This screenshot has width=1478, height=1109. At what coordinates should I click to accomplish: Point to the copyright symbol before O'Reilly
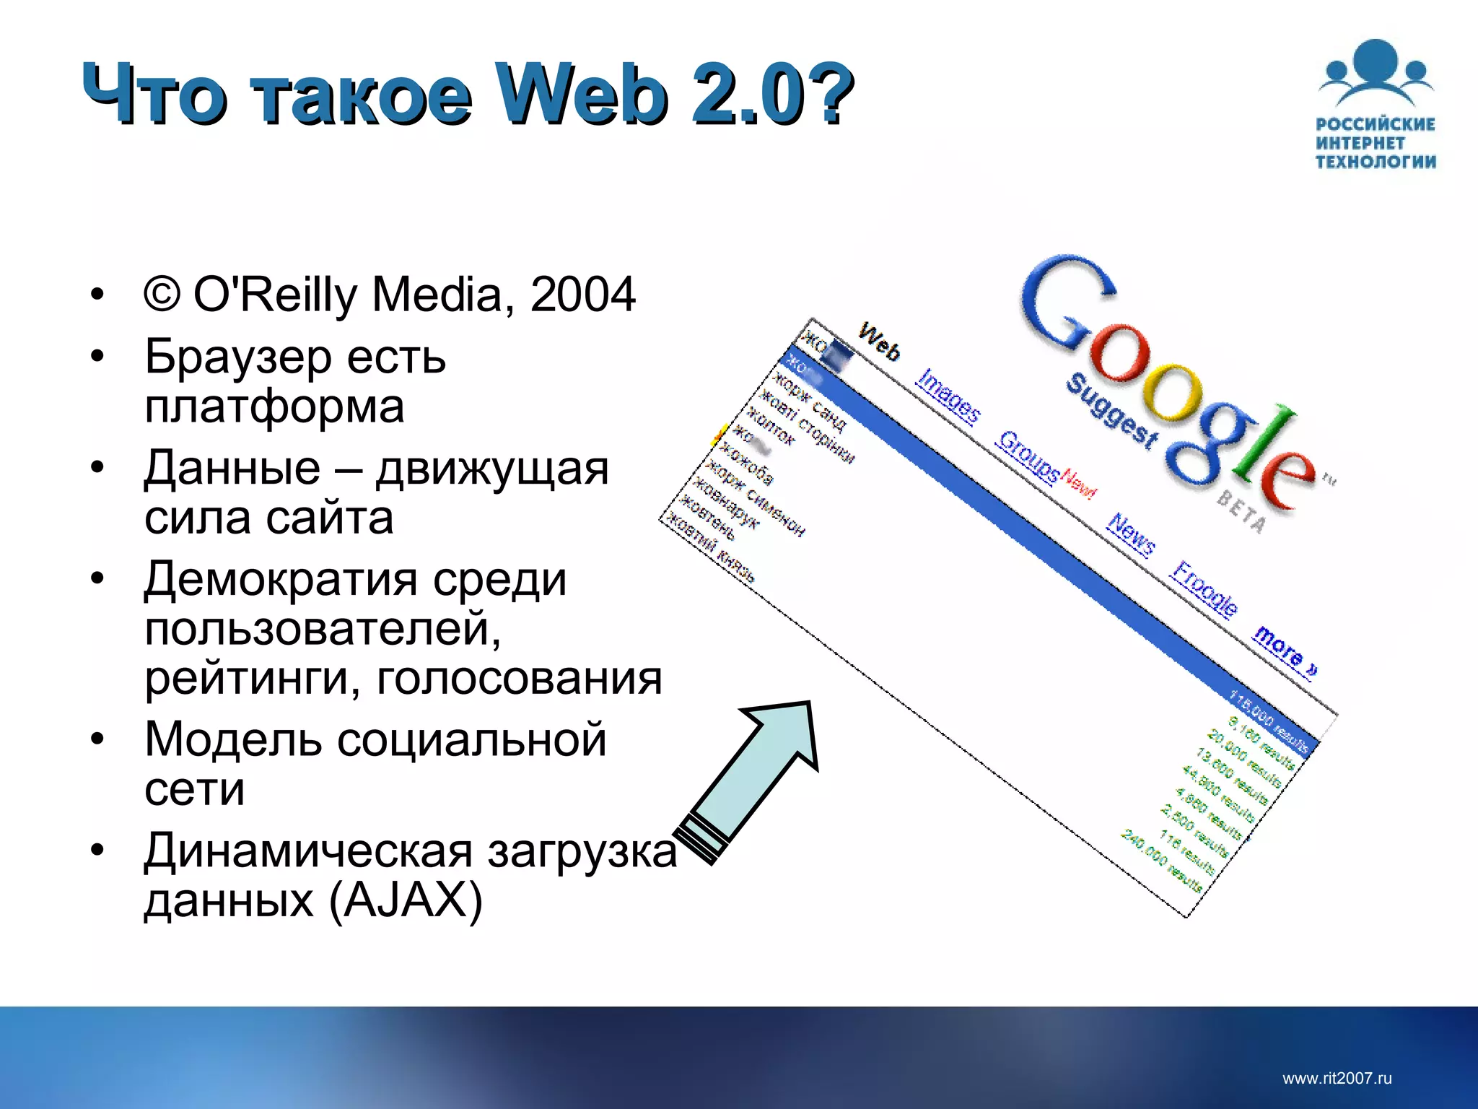pos(162,293)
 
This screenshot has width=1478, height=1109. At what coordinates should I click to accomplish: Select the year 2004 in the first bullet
pos(582,295)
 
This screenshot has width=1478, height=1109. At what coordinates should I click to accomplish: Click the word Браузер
pos(238,358)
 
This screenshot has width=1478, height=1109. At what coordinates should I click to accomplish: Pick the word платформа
pos(274,407)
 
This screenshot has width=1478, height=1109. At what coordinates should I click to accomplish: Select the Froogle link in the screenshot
pos(1204,588)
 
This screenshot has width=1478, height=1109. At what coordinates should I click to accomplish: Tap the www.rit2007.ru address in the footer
pos(1337,1079)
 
